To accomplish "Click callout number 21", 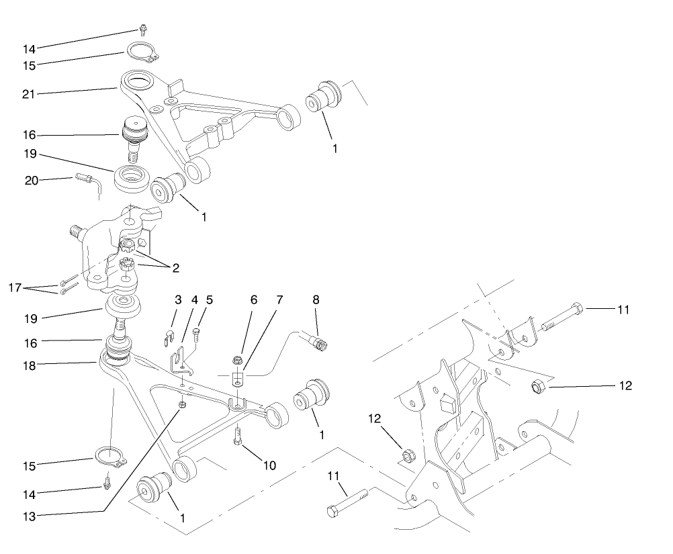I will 28,93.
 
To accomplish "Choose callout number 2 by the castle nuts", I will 175,268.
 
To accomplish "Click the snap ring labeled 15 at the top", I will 138,50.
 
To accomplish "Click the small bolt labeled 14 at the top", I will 142,29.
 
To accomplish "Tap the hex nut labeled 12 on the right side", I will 537,387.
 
